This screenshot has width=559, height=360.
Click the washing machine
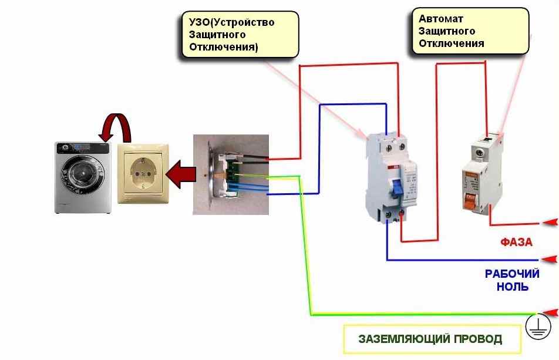pyautogui.click(x=83, y=177)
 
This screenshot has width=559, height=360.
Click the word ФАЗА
pyautogui.click(x=516, y=242)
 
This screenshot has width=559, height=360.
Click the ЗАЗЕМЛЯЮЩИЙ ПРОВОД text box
pyautogui.click(x=431, y=339)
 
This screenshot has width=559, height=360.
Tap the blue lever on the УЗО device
pyautogui.click(x=381, y=189)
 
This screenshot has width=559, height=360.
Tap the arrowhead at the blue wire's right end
pyautogui.click(x=548, y=258)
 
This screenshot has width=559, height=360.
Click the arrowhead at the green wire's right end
pyautogui.click(x=548, y=312)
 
